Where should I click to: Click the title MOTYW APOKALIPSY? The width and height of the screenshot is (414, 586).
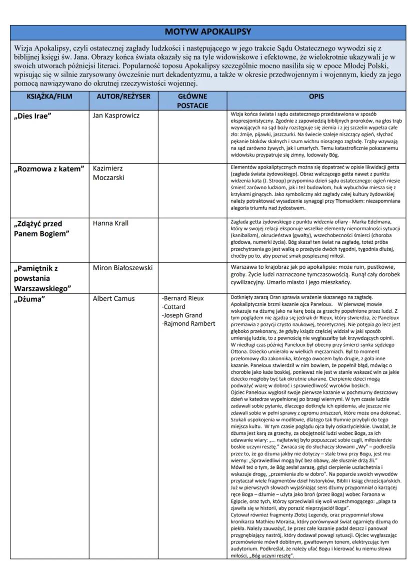tap(207, 32)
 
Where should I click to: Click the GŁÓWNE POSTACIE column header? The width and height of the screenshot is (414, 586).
tap(192, 101)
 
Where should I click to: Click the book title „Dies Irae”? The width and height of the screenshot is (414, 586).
tap(32, 116)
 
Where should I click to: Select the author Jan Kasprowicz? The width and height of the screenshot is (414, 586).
tap(116, 116)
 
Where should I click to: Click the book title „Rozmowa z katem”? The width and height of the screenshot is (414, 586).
tap(48, 169)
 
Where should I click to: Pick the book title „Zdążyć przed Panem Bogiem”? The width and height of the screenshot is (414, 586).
tap(40, 228)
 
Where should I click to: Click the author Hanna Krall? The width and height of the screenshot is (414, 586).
tap(110, 223)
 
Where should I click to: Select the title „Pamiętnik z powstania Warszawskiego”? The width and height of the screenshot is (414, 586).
tap(42, 278)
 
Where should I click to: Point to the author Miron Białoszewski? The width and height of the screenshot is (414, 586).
tap(122, 268)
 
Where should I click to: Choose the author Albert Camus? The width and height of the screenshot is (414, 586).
tap(113, 299)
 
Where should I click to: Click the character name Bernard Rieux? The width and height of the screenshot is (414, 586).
tap(183, 298)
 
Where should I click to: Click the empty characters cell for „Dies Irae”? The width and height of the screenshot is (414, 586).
tap(192, 135)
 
